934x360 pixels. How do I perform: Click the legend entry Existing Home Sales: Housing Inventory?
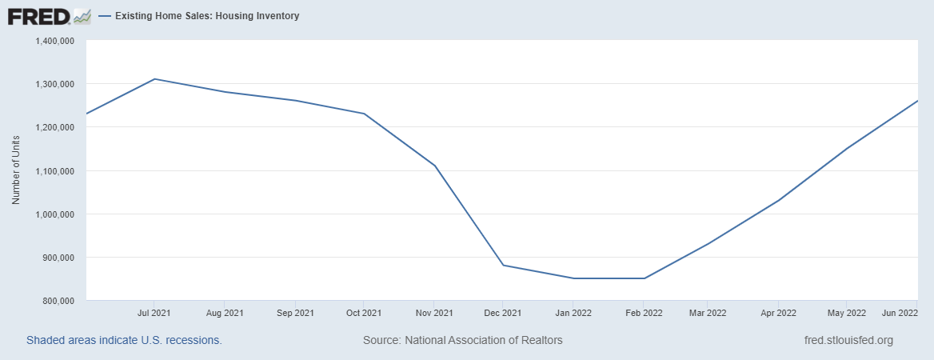(206, 16)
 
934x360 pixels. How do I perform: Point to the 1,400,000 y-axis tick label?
(54, 41)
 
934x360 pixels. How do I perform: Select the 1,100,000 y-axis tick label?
(54, 171)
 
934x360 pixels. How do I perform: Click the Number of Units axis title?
(16, 170)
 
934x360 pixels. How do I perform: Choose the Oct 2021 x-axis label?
(364, 313)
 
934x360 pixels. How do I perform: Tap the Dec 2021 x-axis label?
(503, 313)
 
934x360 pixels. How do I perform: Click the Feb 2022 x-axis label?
(645, 313)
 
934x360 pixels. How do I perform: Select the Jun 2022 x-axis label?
(899, 313)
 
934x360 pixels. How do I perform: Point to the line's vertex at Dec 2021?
(503, 265)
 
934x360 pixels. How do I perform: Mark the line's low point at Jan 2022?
(573, 278)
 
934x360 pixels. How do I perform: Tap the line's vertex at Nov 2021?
(434, 166)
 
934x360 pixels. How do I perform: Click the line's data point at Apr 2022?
(777, 200)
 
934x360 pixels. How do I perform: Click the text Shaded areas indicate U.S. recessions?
(124, 340)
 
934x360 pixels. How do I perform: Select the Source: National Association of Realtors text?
(462, 340)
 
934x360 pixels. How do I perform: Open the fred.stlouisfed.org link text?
(848, 340)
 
